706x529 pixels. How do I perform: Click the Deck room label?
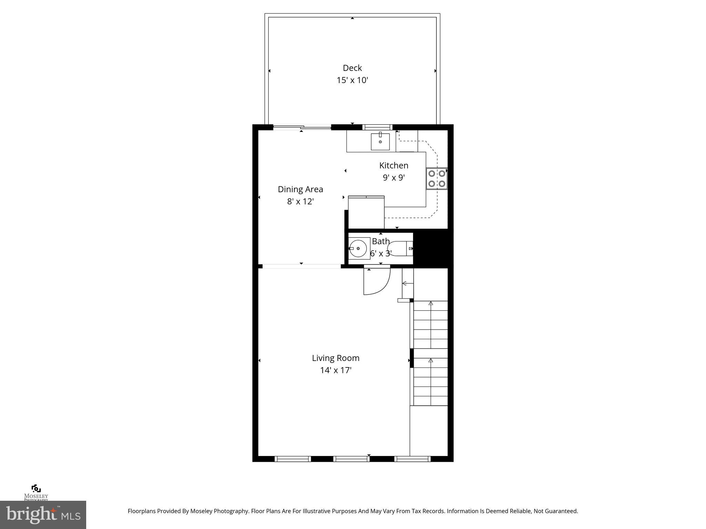tap(352, 68)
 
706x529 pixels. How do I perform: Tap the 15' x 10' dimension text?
tap(352, 80)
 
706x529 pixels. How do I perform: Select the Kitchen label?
tap(394, 165)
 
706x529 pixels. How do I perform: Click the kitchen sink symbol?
tap(380, 142)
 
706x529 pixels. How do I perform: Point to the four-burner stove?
tap(437, 178)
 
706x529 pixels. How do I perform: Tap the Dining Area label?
tap(300, 189)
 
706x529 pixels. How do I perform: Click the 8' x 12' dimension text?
tap(300, 201)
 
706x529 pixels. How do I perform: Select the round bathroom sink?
tap(358, 248)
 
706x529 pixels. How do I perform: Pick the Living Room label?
tap(335, 358)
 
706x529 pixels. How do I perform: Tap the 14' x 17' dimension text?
tap(335, 371)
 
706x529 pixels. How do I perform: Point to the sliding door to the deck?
tap(302, 127)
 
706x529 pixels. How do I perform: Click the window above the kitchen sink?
tap(377, 127)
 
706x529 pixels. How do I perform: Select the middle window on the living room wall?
tap(352, 458)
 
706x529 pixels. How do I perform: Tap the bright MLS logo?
tap(43, 515)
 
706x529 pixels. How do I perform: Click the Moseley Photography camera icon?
tap(36, 488)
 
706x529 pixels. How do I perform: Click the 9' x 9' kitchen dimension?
tap(394, 178)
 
